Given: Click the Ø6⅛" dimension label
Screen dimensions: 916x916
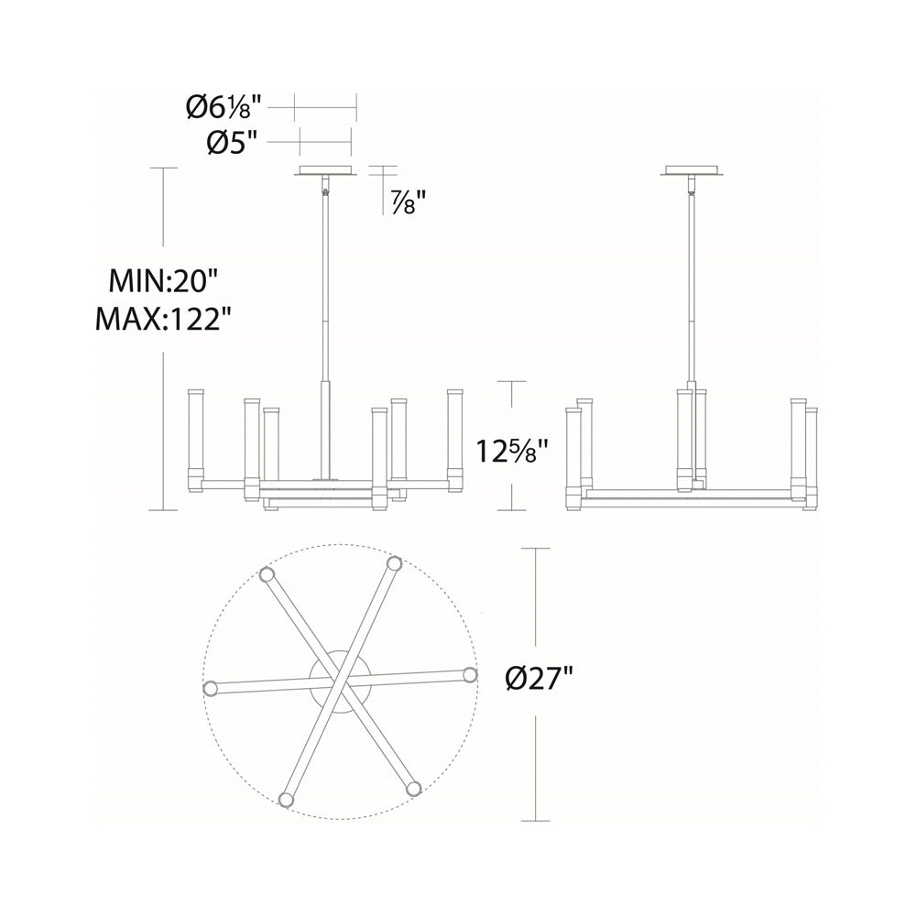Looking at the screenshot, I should [224, 108].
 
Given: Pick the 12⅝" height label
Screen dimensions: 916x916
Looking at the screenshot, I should [512, 450].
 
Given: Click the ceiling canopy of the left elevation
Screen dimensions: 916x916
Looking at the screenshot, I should [325, 170].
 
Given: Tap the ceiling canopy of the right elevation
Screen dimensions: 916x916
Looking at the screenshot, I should [692, 170].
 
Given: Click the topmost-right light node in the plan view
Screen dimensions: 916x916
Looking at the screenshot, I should [394, 563].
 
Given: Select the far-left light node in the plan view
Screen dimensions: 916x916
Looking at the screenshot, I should [211, 688].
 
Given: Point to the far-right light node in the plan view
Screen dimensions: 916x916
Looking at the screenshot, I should [470, 675].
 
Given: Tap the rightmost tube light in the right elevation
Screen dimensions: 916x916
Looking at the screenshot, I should [811, 458].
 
